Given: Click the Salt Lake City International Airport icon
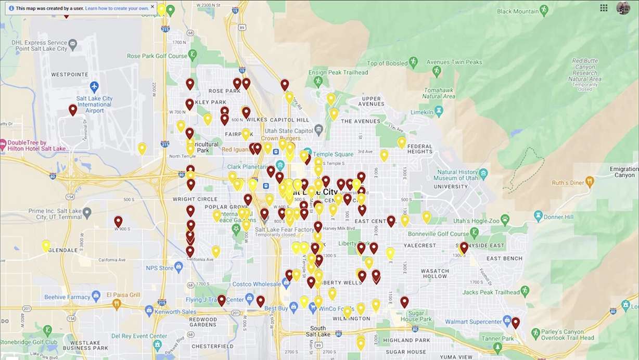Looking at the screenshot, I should click(94, 86).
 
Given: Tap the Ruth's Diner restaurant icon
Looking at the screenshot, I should click(590, 182).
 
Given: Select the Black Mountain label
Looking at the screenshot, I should click(518, 11).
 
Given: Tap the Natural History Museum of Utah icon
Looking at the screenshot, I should click(483, 173).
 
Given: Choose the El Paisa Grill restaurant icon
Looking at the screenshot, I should click(117, 303).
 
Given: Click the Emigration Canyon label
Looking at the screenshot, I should click(623, 172).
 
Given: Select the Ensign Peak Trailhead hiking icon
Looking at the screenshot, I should click(318, 82).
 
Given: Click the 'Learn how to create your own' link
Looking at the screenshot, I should click(117, 8).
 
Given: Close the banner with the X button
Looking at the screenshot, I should click(152, 7).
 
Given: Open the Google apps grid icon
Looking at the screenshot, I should click(604, 8).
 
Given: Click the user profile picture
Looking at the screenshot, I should click(623, 8).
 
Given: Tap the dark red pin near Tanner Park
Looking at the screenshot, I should click(515, 323).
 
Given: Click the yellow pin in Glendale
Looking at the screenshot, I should click(46, 245).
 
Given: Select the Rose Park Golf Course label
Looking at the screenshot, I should click(157, 56).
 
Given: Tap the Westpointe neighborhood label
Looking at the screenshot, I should click(69, 74).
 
